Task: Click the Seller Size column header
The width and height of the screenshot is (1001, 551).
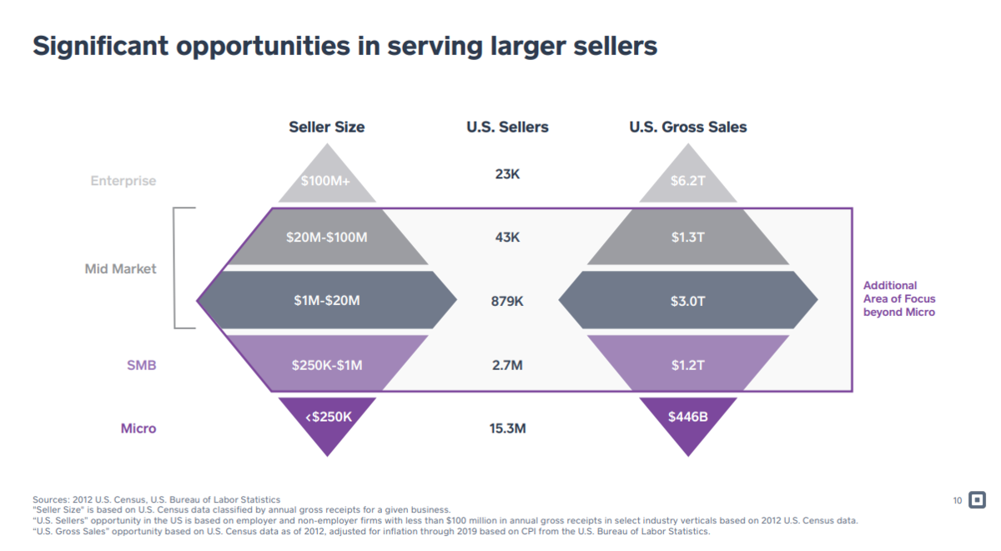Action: (326, 128)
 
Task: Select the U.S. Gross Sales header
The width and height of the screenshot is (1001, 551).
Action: (687, 128)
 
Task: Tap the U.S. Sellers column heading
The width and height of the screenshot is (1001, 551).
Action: (507, 128)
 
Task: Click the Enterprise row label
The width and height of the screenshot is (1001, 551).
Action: (123, 181)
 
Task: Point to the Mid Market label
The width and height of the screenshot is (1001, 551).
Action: (120, 269)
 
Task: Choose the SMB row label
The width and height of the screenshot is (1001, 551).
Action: (141, 365)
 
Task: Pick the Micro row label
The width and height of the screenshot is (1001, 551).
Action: (138, 428)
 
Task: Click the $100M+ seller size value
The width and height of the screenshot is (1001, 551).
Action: (326, 181)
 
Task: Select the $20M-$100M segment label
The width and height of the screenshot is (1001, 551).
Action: (326, 238)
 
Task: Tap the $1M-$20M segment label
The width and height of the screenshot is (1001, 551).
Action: (326, 300)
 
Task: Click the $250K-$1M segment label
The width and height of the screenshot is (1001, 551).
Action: (326, 364)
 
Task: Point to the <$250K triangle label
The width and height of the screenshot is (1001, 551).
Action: (327, 416)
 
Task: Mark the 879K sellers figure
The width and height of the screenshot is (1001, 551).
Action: (507, 301)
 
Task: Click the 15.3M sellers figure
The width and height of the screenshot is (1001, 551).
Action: (507, 429)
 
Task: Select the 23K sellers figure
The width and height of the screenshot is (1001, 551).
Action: (507, 174)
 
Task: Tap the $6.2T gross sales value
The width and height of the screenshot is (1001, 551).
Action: (688, 181)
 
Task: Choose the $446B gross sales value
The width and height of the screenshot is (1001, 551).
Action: (688, 416)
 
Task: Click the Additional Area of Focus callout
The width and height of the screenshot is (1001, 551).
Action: (898, 298)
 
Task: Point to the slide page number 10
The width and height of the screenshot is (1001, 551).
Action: (958, 501)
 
